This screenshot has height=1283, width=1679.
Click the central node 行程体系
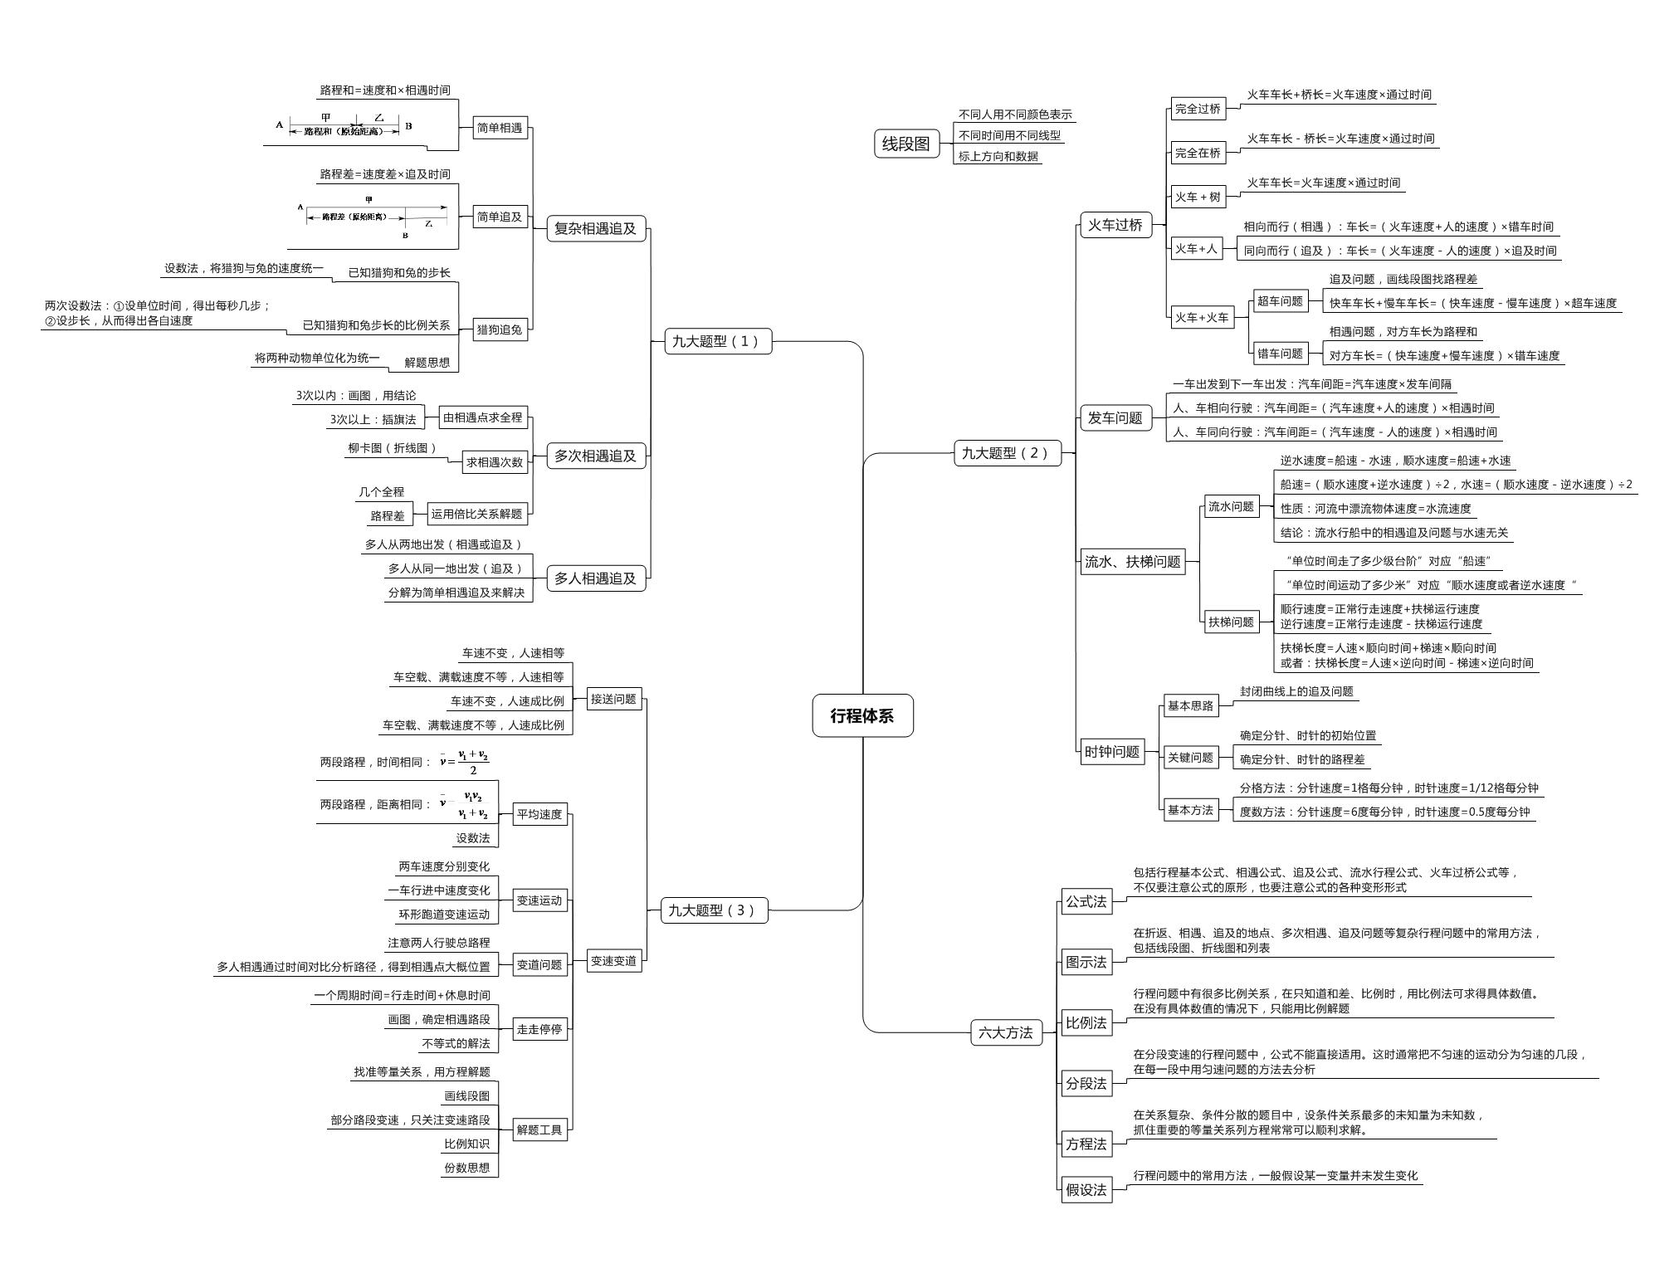click(x=862, y=715)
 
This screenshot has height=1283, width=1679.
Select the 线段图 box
click(x=905, y=144)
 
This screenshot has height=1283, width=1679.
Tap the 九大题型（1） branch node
click(x=718, y=341)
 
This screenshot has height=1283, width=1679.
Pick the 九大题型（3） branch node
click(x=714, y=910)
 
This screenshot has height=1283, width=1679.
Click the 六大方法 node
click(x=1005, y=1032)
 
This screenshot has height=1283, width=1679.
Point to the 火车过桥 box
click(x=1115, y=224)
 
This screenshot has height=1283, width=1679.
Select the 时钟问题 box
click(x=1111, y=752)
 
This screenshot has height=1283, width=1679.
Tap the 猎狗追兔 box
click(x=500, y=329)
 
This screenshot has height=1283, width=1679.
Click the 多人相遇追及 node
click(x=595, y=578)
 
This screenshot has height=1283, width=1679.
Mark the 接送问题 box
click(x=613, y=699)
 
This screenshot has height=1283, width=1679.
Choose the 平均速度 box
click(x=539, y=814)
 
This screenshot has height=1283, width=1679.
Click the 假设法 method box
click(x=1086, y=1190)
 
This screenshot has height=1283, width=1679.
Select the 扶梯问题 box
click(x=1231, y=622)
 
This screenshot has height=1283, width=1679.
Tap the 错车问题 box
click(x=1280, y=354)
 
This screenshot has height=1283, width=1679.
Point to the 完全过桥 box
click(x=1198, y=109)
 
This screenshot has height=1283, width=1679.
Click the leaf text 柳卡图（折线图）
click(x=393, y=448)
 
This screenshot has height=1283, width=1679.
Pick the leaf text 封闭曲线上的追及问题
click(x=1296, y=691)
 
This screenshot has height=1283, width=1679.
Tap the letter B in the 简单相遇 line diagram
click(x=408, y=126)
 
